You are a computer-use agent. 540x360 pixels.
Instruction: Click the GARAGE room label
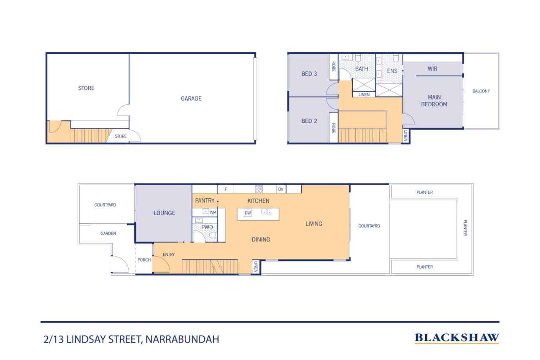[x=191, y=98]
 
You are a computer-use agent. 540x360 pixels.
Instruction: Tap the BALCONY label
[x=481, y=91]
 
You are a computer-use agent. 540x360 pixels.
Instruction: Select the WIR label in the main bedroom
[x=432, y=69]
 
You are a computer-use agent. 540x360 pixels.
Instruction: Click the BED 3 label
[x=309, y=74]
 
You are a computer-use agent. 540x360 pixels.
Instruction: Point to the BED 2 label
[x=309, y=121]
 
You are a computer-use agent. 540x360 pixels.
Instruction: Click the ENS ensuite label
[x=392, y=71]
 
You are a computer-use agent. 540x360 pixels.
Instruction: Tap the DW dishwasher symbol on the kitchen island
[x=248, y=213]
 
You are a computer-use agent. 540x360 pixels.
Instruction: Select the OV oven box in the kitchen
[x=281, y=189]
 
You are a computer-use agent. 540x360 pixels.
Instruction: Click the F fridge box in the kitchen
[x=226, y=189]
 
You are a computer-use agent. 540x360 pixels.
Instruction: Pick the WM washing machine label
[x=213, y=212]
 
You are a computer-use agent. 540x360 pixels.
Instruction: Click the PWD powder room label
[x=207, y=227]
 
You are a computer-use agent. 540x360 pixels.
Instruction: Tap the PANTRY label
[x=205, y=200]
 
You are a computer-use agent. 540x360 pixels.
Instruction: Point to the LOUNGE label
[x=165, y=213]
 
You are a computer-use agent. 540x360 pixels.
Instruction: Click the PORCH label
[x=144, y=260]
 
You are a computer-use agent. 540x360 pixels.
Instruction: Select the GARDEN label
[x=108, y=233]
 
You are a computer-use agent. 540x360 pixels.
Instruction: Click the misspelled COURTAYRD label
[x=369, y=226]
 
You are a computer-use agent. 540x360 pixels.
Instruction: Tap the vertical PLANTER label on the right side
[x=465, y=227]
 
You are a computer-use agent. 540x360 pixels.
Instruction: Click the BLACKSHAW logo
[x=457, y=338]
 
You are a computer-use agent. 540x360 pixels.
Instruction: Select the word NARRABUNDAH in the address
[x=182, y=339]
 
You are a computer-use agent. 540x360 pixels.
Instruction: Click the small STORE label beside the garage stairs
[x=121, y=136]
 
